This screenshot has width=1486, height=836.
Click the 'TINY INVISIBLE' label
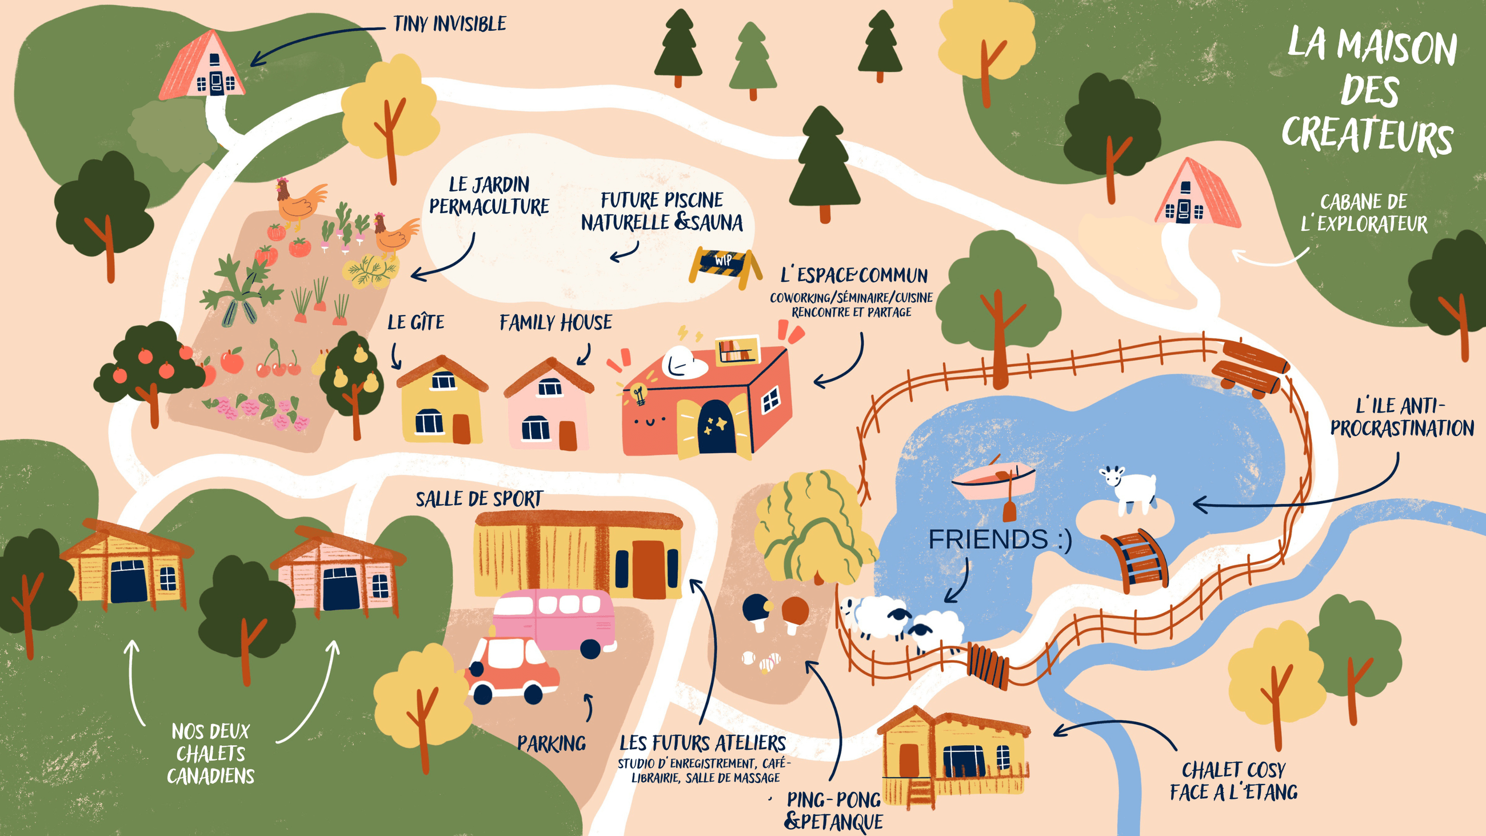pyautogui.click(x=449, y=23)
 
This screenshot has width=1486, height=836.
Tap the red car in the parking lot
pyautogui.click(x=511, y=669)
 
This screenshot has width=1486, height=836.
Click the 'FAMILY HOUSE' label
pyautogui.click(x=556, y=322)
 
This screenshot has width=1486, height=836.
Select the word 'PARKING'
pyautogui.click(x=552, y=743)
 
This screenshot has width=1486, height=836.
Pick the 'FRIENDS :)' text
pyautogui.click(x=1000, y=539)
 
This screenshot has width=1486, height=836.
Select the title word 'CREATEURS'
pyautogui.click(x=1367, y=136)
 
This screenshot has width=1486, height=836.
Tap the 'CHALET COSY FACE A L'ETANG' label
pyautogui.click(x=1233, y=781)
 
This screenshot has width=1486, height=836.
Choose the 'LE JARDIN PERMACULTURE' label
pyautogui.click(x=489, y=195)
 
